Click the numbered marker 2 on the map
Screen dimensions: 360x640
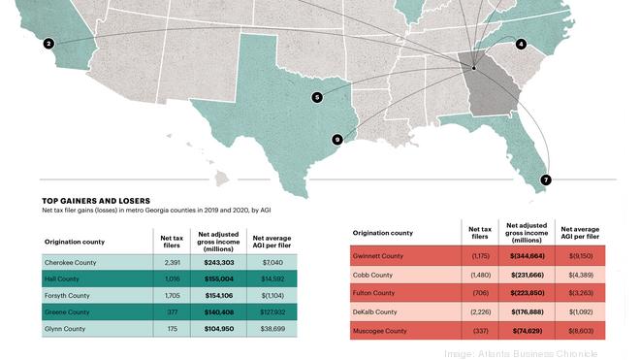(48, 44)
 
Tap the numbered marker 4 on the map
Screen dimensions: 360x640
(521, 45)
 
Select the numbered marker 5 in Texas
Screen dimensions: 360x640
(316, 96)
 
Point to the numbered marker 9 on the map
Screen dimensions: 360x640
(336, 140)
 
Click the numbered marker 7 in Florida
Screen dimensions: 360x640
(546, 180)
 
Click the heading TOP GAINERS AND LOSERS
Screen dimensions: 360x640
(95, 201)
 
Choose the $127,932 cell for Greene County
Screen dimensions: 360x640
(272, 311)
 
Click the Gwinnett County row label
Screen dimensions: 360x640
(381, 256)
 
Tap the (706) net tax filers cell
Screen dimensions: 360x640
(479, 293)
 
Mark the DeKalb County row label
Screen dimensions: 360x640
(375, 311)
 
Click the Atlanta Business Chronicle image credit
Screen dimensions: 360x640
(535, 353)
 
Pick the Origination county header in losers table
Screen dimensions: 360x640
(382, 233)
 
